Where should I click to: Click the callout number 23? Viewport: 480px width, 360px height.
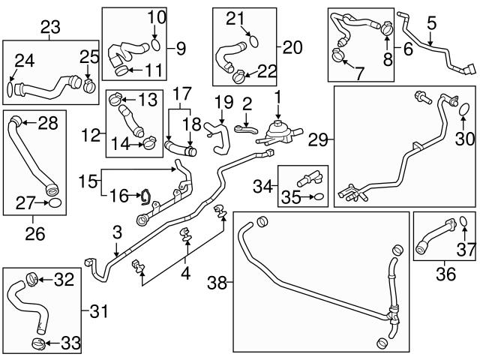coord(49,27)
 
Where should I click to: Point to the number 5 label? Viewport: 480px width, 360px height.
coord(430,23)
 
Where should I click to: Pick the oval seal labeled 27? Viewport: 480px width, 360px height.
coord(55,202)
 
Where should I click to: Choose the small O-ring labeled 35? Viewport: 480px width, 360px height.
coord(319,198)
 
